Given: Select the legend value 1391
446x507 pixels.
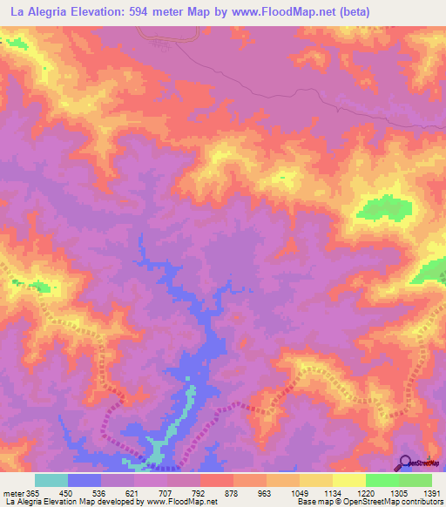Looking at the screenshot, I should (x=431, y=492).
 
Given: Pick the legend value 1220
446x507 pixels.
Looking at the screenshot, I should (x=365, y=492).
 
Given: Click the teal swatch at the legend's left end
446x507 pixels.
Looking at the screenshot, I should (x=51, y=480).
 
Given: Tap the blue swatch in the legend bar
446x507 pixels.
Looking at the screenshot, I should (x=84, y=480).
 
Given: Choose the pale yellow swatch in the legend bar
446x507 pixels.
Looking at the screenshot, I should (x=348, y=480).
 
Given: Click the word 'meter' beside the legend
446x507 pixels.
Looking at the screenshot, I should (x=11, y=492).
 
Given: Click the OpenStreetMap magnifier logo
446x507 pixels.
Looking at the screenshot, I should (x=405, y=462).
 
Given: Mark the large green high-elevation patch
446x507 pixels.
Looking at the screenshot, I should (x=384, y=209).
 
